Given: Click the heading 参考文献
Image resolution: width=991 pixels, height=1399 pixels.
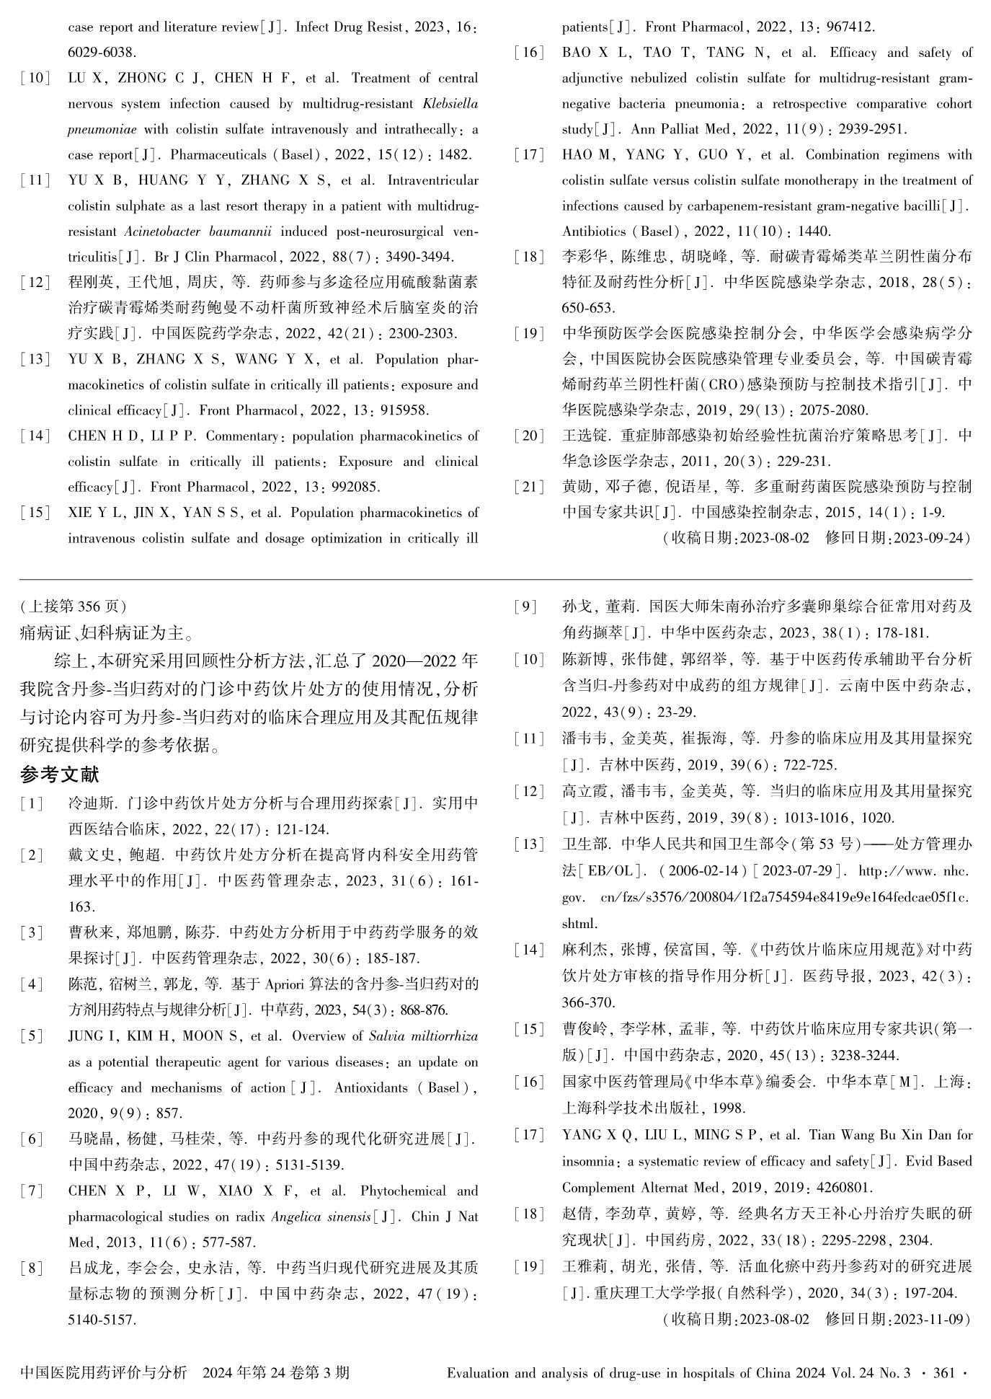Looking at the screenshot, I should (60, 775).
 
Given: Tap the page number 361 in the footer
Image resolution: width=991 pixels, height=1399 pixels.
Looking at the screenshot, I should (943, 1372).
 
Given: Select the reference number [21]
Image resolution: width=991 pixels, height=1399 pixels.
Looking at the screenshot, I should (529, 487).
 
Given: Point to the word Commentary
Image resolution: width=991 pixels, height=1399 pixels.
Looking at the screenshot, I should (244, 436).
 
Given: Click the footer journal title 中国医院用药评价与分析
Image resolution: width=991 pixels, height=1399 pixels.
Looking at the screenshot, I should (103, 1372).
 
